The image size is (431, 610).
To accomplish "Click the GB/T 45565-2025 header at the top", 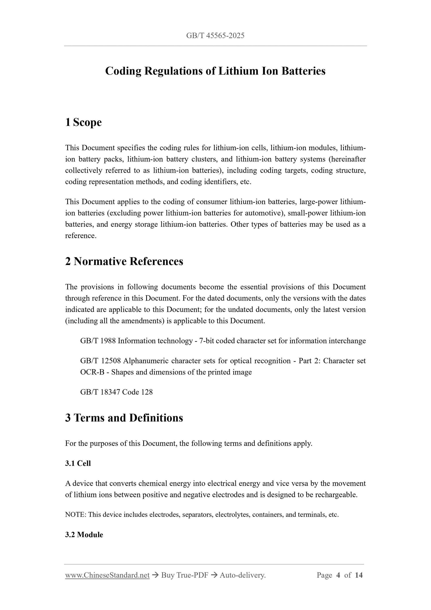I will click(215, 36).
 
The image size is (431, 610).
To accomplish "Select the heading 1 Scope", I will click(83, 123).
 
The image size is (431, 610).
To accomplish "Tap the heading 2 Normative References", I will click(124, 261).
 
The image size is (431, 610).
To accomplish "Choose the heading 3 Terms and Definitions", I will click(124, 418).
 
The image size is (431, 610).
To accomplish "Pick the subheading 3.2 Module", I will click(84, 535).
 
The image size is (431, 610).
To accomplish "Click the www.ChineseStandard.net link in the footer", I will click(107, 575).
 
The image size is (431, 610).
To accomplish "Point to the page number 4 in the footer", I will click(338, 575).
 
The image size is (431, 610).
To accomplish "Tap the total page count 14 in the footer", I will click(359, 575).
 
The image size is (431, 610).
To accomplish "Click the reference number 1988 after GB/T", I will click(108, 341).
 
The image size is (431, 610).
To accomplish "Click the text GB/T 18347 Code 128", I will click(116, 392).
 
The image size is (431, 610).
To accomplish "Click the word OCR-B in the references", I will click(92, 372).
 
